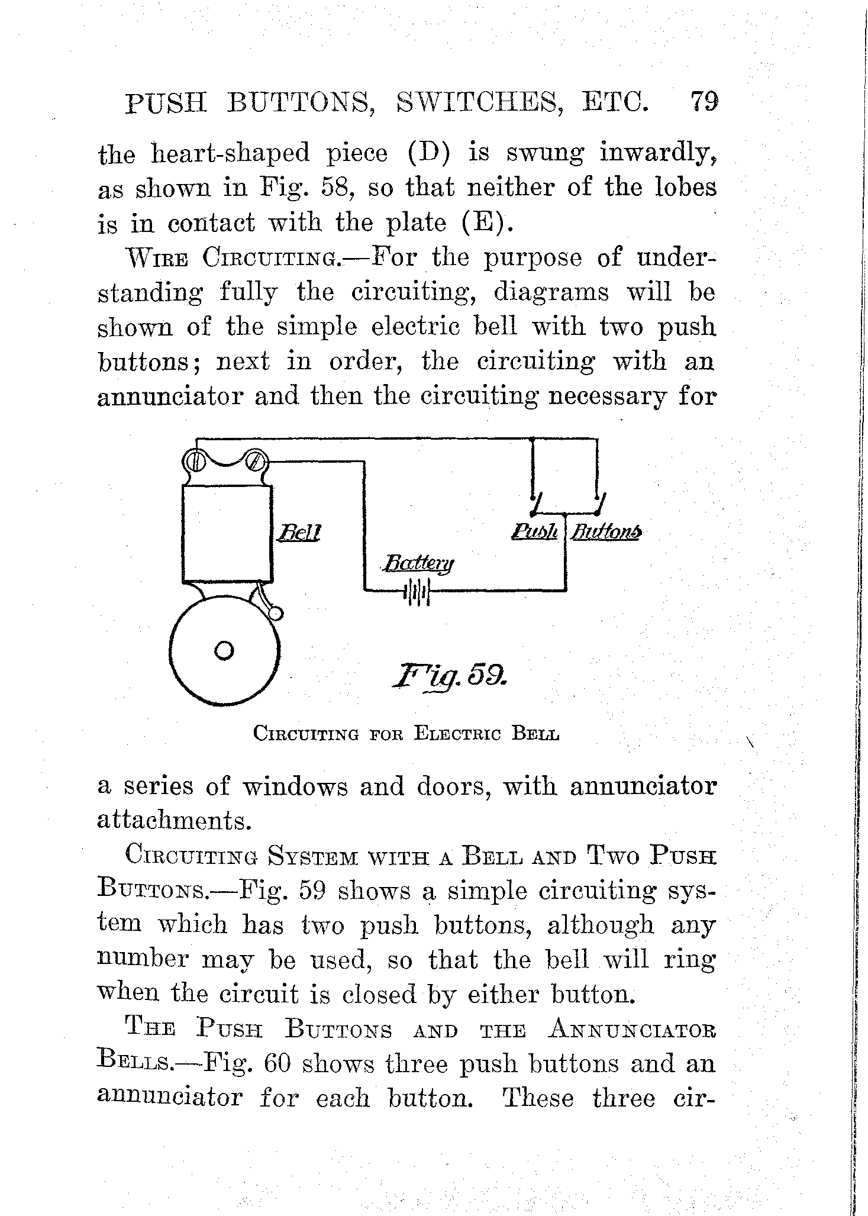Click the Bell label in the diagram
299,533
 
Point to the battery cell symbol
418,591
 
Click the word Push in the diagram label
534,531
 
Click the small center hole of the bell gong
224,650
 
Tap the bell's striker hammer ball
276,614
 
